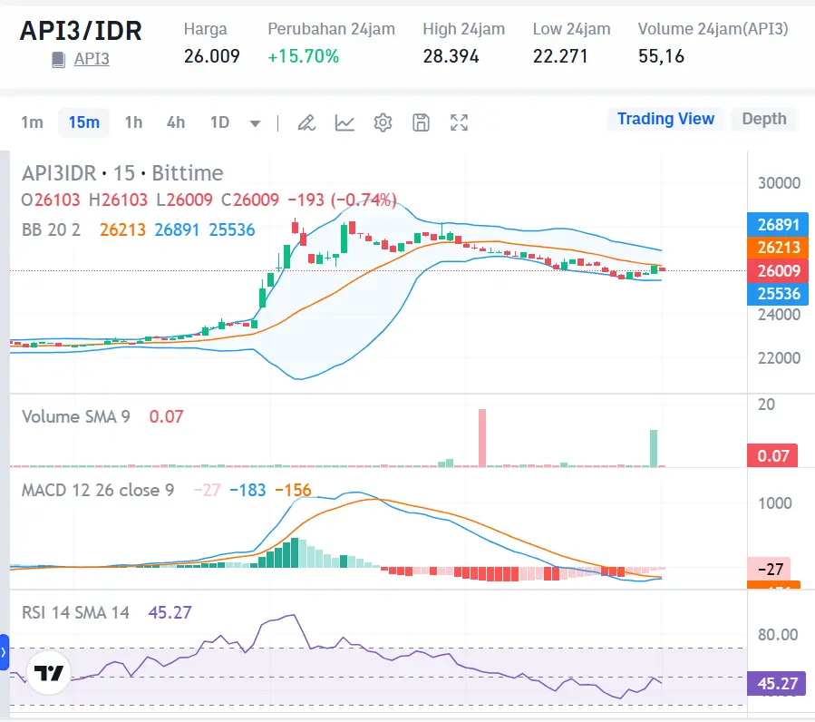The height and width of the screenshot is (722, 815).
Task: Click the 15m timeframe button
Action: pyautogui.click(x=83, y=122)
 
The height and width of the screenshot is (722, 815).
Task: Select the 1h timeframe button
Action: pyautogui.click(x=133, y=122)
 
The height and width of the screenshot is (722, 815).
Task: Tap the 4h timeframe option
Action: pyautogui.click(x=176, y=122)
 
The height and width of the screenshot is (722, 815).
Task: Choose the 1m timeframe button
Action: pyautogui.click(x=32, y=122)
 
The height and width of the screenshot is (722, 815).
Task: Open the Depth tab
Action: pyautogui.click(x=764, y=119)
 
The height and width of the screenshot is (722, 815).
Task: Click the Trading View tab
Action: pyautogui.click(x=665, y=119)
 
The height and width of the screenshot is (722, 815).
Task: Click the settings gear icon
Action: pyautogui.click(x=383, y=122)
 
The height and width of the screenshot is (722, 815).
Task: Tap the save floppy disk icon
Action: pyautogui.click(x=421, y=122)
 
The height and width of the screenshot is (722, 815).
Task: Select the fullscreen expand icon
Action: pyautogui.click(x=460, y=122)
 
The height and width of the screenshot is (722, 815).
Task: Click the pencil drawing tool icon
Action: pyautogui.click(x=306, y=122)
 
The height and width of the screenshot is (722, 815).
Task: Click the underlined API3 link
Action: pyautogui.click(x=92, y=60)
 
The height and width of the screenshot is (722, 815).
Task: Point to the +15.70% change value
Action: pyautogui.click(x=303, y=56)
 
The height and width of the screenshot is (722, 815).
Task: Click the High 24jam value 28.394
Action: pyautogui.click(x=451, y=56)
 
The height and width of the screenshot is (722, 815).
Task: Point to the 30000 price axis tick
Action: pyautogui.click(x=779, y=182)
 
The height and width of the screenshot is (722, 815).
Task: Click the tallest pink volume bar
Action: pyautogui.click(x=482, y=438)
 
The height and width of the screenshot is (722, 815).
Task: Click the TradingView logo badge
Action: pyautogui.click(x=48, y=673)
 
